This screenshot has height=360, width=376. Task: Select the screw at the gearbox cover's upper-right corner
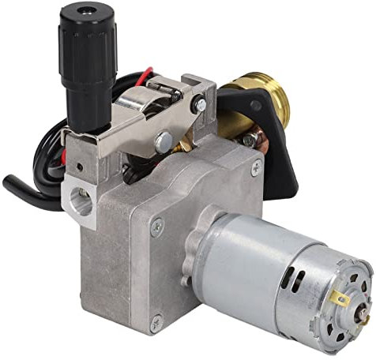coord(255,168)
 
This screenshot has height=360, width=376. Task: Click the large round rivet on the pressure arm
coord(164,142)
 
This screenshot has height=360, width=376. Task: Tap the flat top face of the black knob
coord(85,12)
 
